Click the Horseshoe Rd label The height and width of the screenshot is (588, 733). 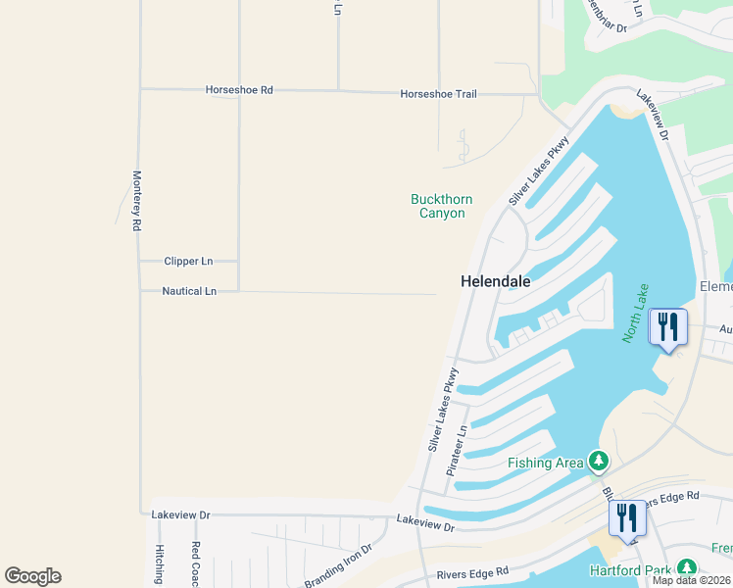pyautogui.click(x=239, y=90)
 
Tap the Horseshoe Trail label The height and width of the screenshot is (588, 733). pyautogui.click(x=438, y=94)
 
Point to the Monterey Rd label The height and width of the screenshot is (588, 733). pyautogui.click(x=137, y=201)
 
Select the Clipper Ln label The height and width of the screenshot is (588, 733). pyautogui.click(x=188, y=262)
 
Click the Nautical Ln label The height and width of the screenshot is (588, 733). pyautogui.click(x=189, y=291)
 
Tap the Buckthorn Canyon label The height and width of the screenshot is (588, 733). pyautogui.click(x=441, y=206)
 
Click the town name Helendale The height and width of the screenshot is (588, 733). pyautogui.click(x=496, y=281)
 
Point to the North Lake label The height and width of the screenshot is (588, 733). pyautogui.click(x=635, y=313)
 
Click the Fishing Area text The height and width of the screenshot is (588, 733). pyautogui.click(x=545, y=463)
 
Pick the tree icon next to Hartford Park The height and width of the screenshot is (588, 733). pyautogui.click(x=687, y=567)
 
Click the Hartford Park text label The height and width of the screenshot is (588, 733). pyautogui.click(x=629, y=570)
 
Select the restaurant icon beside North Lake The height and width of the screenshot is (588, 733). pyautogui.click(x=668, y=326)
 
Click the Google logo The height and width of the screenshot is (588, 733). pyautogui.click(x=32, y=576)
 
